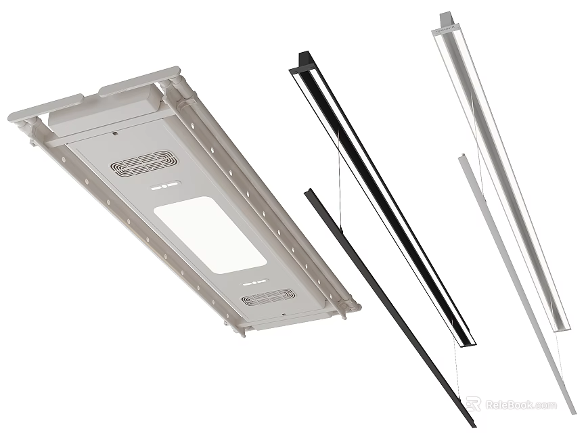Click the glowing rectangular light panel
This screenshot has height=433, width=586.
[x=208, y=234]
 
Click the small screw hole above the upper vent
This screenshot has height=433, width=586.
[x=116, y=133]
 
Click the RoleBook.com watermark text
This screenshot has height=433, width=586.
[x=521, y=405]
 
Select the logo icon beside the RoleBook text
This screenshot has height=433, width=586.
[x=474, y=405]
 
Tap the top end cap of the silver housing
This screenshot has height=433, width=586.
[x=447, y=19]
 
